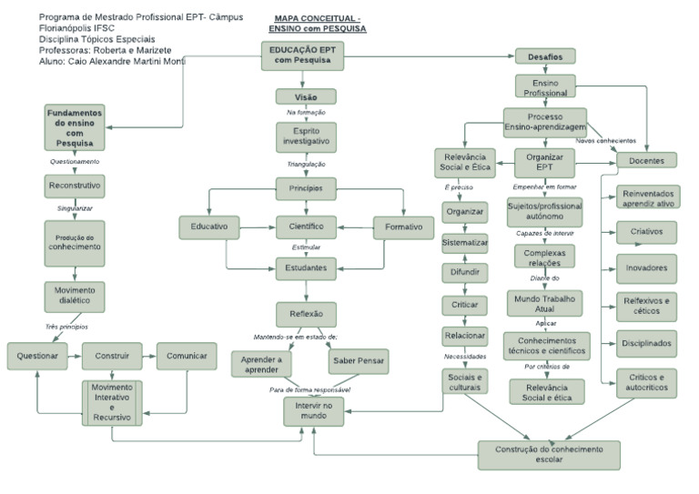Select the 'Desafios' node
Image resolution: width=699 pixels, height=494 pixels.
pyautogui.click(x=545, y=56)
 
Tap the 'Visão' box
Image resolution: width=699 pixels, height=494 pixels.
pyautogui.click(x=305, y=96)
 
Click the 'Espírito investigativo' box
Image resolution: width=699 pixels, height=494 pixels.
pyautogui.click(x=305, y=136)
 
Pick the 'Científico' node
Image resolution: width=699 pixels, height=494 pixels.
pyautogui.click(x=306, y=226)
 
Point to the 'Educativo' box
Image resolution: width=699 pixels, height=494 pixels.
pyautogui.click(x=208, y=226)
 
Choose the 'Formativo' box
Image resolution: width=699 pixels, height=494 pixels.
pyautogui.click(x=402, y=226)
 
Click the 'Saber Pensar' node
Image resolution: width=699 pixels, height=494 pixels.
pyautogui.click(x=359, y=361)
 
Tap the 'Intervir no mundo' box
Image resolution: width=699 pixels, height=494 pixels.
pyautogui.click(x=312, y=410)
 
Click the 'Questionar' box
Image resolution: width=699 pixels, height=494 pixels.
pyautogui.click(x=38, y=356)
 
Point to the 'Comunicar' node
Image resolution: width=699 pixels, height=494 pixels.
pyautogui.click(x=187, y=356)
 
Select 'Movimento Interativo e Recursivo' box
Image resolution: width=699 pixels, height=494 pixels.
pyautogui.click(x=111, y=401)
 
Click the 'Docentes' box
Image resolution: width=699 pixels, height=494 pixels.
pyautogui.click(x=646, y=160)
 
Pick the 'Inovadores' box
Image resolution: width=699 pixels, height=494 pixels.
pyautogui.click(x=646, y=268)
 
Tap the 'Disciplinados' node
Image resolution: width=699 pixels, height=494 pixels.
pyautogui.click(x=646, y=343)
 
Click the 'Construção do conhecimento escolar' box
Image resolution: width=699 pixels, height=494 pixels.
pyautogui.click(x=549, y=453)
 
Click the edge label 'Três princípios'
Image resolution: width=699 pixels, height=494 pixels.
pyautogui.click(x=66, y=326)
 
